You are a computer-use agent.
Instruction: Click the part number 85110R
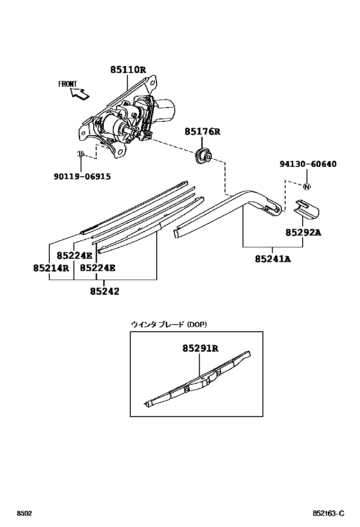[x=128, y=70]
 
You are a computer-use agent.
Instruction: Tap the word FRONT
[x=67, y=84]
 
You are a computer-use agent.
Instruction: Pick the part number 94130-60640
[x=307, y=164]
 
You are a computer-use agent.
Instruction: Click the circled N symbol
[x=306, y=187]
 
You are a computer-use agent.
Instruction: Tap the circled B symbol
[x=81, y=154]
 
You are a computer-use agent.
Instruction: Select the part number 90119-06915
[x=81, y=176]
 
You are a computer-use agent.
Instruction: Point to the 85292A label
[x=303, y=232]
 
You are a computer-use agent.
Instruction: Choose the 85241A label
[x=273, y=259]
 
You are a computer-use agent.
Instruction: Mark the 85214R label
[x=51, y=268]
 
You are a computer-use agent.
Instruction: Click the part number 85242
[x=104, y=291]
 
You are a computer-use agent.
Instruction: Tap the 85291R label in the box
[x=200, y=348]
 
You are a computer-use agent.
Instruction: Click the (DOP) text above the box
[x=197, y=324]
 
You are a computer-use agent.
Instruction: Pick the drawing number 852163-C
[x=328, y=513]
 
